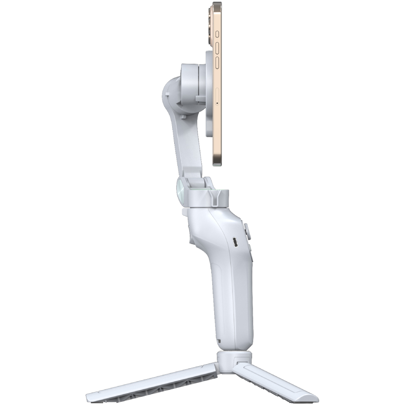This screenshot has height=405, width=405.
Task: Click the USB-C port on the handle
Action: [235, 242]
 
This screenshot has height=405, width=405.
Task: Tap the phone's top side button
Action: [217, 34]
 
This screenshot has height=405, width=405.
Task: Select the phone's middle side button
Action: [217, 48]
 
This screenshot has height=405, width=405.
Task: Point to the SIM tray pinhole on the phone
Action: [217, 102]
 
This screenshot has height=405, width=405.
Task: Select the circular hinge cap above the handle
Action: [183, 189]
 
